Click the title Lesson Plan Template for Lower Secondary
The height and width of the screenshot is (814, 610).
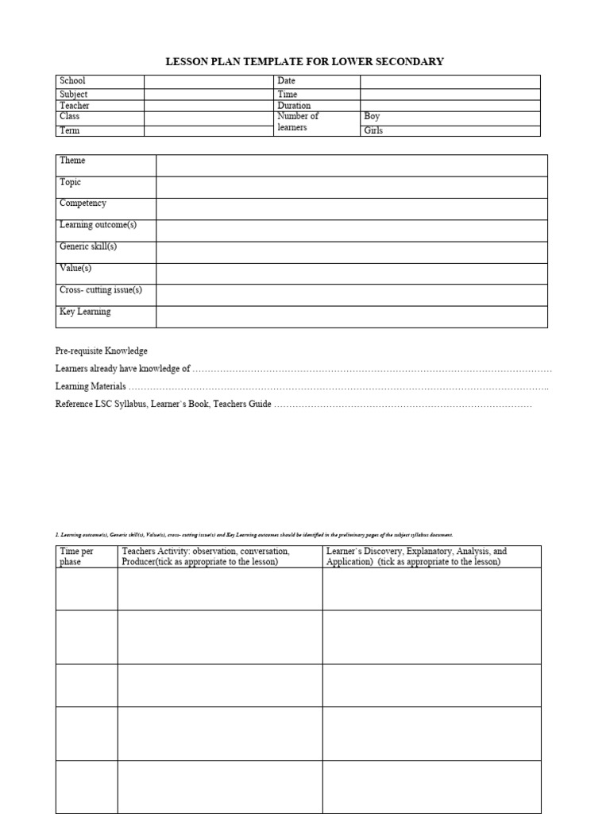[x=304, y=61]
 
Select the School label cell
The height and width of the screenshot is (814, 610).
[x=72, y=81]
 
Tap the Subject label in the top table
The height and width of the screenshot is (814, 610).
[x=74, y=94]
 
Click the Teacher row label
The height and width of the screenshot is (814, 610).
[x=75, y=105]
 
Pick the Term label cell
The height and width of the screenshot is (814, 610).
[x=70, y=130]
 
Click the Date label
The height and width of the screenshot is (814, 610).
[x=286, y=81]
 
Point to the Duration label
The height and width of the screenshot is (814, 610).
[x=294, y=105]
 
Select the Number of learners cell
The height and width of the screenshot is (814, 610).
[x=298, y=122]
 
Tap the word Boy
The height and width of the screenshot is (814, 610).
[x=372, y=117]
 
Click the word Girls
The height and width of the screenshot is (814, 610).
[x=373, y=130]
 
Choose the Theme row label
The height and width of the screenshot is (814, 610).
[x=72, y=161]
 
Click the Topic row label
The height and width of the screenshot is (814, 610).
[x=71, y=182]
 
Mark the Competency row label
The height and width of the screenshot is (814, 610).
[x=83, y=203]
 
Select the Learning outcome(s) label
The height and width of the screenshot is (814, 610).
[x=98, y=225]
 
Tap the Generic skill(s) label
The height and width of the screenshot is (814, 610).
[x=88, y=246]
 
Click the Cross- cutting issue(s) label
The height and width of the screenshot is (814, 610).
[x=101, y=290]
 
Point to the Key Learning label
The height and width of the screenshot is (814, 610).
[x=85, y=312]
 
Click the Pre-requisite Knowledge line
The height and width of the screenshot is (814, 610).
[x=101, y=351]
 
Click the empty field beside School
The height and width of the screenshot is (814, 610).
[x=208, y=81]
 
